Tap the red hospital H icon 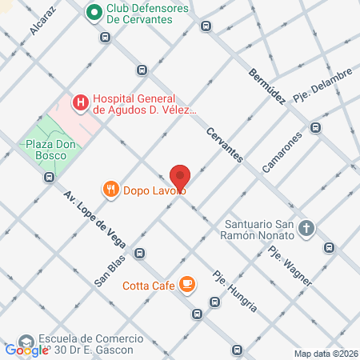tap(80, 102)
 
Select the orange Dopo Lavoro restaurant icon tap(111, 190)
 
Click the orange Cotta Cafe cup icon tap(186, 284)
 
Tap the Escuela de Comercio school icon tap(26, 342)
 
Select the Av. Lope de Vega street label tap(97, 220)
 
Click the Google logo tap(26, 350)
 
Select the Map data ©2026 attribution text tap(326, 354)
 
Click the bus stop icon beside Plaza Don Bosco tap(50, 177)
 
